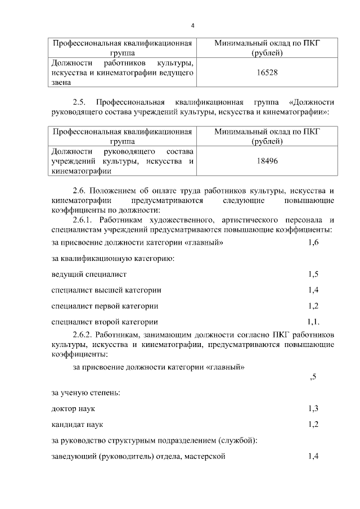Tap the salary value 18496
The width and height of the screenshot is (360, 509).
pos(267,160)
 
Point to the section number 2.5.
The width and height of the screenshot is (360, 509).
pos(81,102)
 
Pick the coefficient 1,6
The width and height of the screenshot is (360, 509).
pos(313,242)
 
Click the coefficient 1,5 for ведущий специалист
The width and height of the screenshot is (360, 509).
pos(313,274)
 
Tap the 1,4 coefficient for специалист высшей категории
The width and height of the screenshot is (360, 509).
pos(313,290)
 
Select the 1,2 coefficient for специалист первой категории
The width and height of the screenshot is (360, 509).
pos(313,306)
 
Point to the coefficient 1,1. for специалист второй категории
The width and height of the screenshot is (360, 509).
pos(313,322)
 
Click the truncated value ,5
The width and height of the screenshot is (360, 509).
pos(313,377)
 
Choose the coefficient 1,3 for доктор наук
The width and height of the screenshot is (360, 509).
pos(313,408)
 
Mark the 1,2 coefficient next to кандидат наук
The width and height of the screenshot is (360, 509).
pos(313,424)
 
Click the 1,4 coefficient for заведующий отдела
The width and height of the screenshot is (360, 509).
pos(313,456)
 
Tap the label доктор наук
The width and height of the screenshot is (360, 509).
pos(71,408)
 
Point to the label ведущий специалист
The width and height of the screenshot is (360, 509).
pos(88,274)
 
